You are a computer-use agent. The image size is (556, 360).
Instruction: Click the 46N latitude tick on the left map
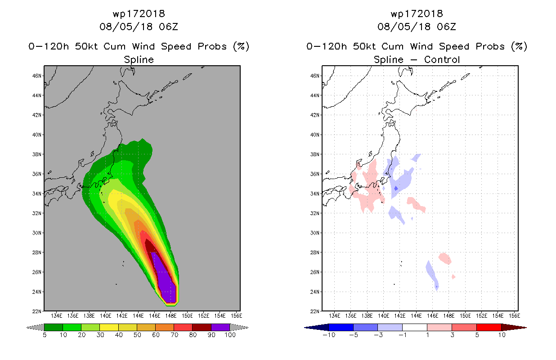pyautogui.click(x=37, y=76)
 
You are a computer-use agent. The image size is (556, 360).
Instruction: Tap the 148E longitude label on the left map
pyautogui.click(x=171, y=316)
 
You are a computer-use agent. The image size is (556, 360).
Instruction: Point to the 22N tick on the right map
pyautogui.click(x=315, y=311)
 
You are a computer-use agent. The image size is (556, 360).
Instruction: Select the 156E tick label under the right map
pyautogui.click(x=514, y=316)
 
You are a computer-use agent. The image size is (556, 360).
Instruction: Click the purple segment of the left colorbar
pyautogui.click(x=220, y=327)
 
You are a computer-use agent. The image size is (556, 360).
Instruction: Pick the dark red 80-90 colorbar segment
pyautogui.click(x=202, y=327)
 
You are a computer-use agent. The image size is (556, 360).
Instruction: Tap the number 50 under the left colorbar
pyautogui.click(x=137, y=335)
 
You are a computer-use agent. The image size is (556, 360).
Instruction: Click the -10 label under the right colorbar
pyautogui.click(x=329, y=335)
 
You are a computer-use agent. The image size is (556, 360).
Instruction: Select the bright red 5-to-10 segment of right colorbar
pyautogui.click(x=489, y=327)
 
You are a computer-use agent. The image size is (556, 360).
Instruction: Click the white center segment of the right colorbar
pyautogui.click(x=415, y=327)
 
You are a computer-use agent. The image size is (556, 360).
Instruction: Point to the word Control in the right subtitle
pyautogui.click(x=442, y=59)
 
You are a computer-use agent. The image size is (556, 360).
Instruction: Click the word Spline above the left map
pyautogui.click(x=139, y=60)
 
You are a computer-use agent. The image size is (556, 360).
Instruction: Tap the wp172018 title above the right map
pyautogui.click(x=417, y=14)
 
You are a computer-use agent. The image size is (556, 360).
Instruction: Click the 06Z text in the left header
pyautogui.click(x=169, y=27)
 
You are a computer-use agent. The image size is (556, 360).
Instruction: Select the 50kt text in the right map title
pyautogui.click(x=364, y=46)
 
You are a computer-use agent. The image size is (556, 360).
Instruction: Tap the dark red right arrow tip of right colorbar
pyautogui.click(x=526, y=328)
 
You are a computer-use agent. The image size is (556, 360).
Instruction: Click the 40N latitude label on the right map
pyautogui.click(x=315, y=135)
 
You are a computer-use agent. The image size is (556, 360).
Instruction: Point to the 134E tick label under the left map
pyautogui.click(x=56, y=316)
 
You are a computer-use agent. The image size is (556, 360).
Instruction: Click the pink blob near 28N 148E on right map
pyautogui.click(x=445, y=258)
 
